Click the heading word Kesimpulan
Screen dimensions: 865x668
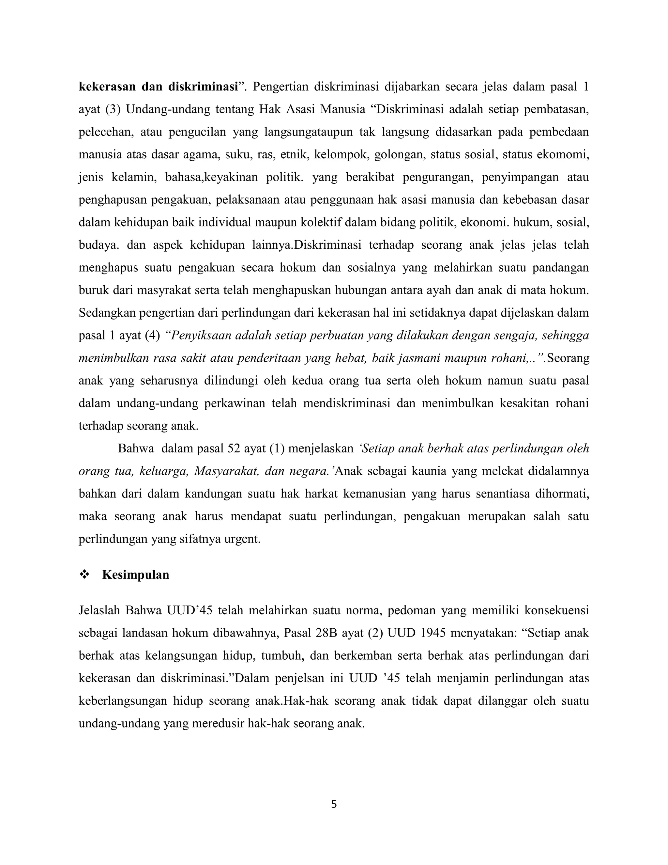tap(135, 575)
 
